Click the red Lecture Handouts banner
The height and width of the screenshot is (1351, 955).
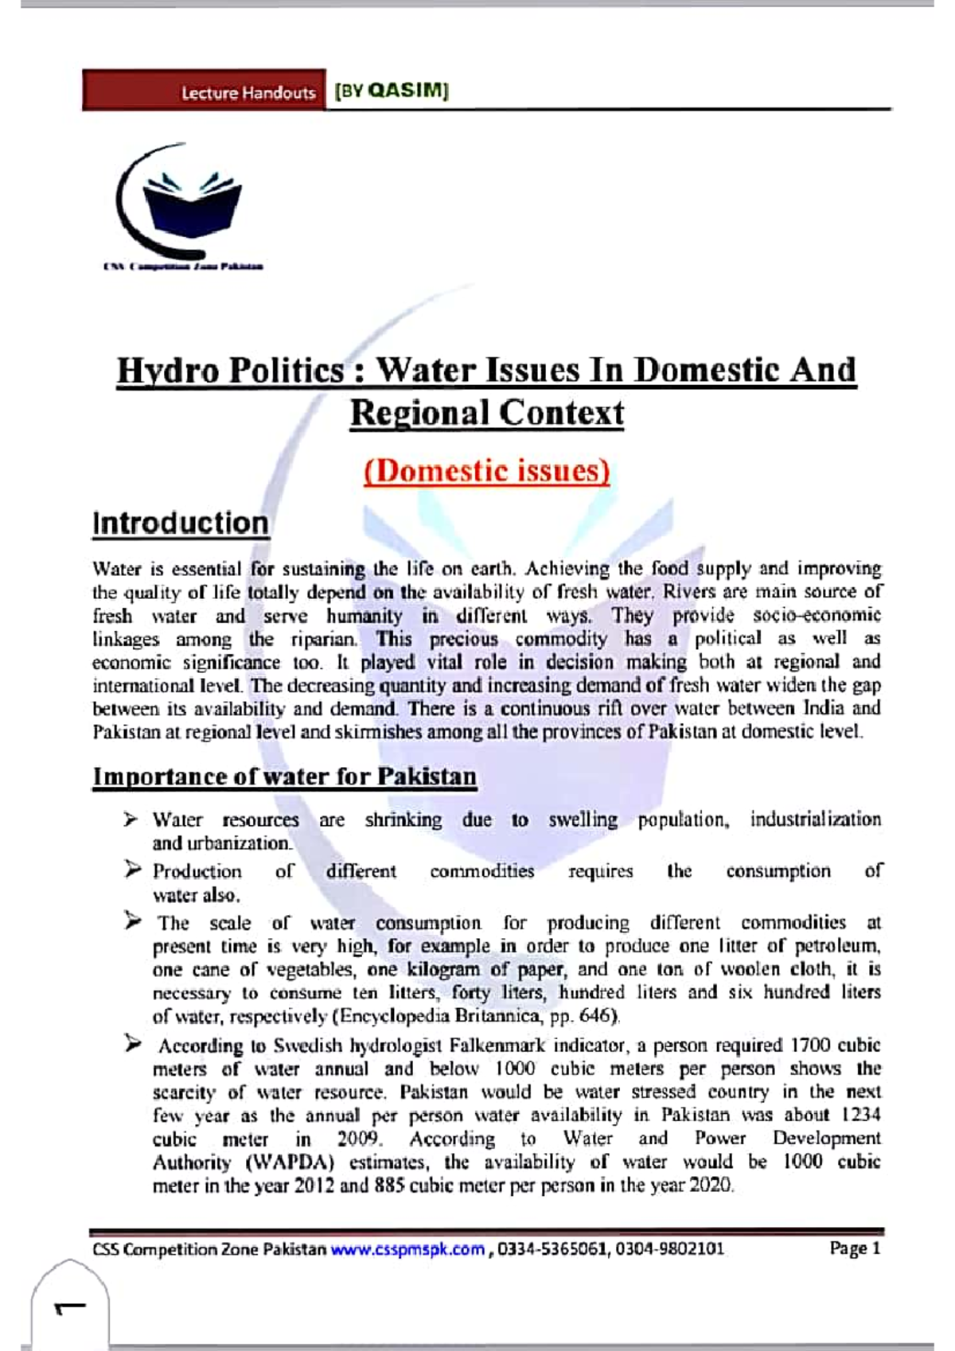(x=204, y=91)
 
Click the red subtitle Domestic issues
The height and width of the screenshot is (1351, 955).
(x=487, y=470)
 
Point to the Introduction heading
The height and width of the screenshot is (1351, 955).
(x=181, y=524)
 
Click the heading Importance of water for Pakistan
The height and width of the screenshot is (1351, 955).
(x=284, y=777)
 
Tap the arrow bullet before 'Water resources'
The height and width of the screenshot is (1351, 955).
(x=131, y=819)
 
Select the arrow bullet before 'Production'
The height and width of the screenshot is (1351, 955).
(x=132, y=870)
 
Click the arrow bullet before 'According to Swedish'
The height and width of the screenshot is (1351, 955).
(x=132, y=1044)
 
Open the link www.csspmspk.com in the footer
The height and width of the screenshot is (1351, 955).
(x=407, y=1249)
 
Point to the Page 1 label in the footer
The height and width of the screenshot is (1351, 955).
(x=855, y=1248)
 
